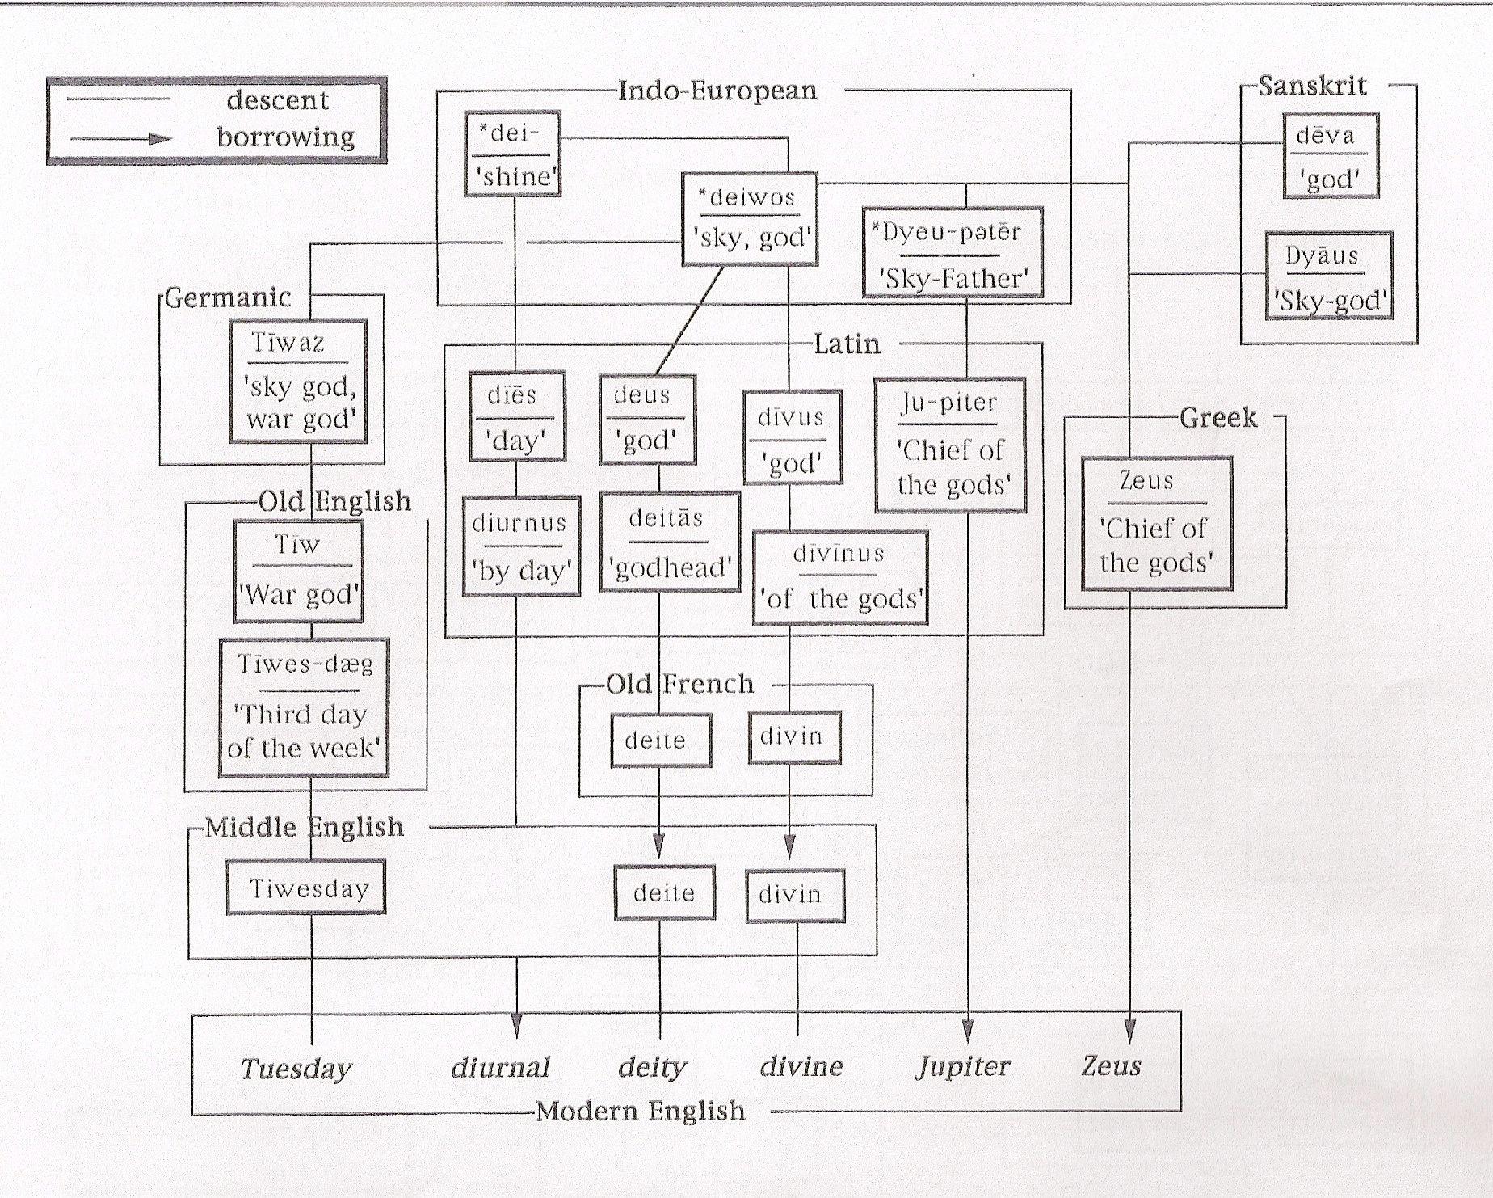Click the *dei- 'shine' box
pos(512,154)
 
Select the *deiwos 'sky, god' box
pos(750,218)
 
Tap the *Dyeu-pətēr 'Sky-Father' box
pos(953,253)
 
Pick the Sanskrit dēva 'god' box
pos(1330,156)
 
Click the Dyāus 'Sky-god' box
pos(1329,276)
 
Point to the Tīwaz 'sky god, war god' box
pos(298,382)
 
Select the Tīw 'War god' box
pos(298,571)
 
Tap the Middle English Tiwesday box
pos(306,888)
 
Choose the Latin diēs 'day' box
pos(517,416)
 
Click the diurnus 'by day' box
pos(521,546)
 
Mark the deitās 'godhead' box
pos(670,542)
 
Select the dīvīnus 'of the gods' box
pos(840,577)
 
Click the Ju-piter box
pos(950,445)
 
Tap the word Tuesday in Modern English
pos(296,1069)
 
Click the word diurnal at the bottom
pos(500,1067)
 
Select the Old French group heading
pos(679,684)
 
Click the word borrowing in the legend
pos(285,137)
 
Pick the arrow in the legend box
pos(121,139)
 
